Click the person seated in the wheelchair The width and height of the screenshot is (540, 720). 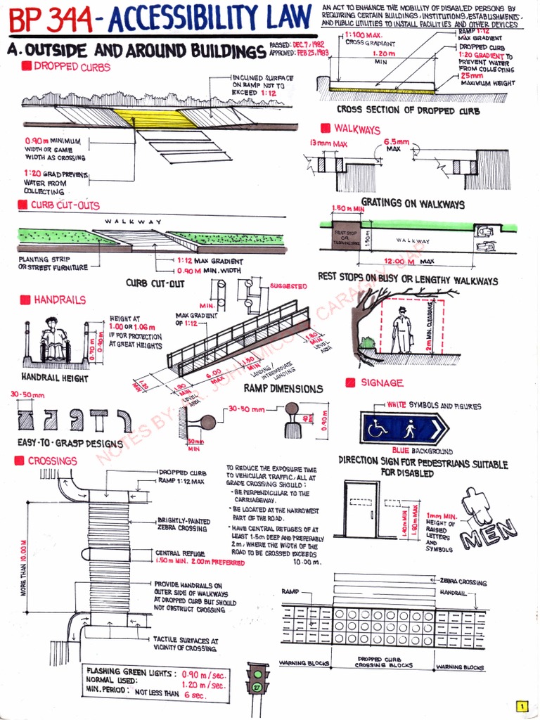click(x=53, y=340)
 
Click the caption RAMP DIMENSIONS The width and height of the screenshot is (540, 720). click(x=283, y=388)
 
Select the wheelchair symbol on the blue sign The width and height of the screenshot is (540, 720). click(x=378, y=428)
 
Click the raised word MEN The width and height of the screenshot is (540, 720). click(x=490, y=534)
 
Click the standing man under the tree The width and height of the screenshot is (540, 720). click(x=401, y=330)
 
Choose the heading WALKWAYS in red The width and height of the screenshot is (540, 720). click(x=357, y=129)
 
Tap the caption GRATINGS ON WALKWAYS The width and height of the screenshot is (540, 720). click(x=413, y=204)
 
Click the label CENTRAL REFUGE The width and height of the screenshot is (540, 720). click(x=179, y=553)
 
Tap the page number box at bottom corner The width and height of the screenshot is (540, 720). click(x=521, y=707)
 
